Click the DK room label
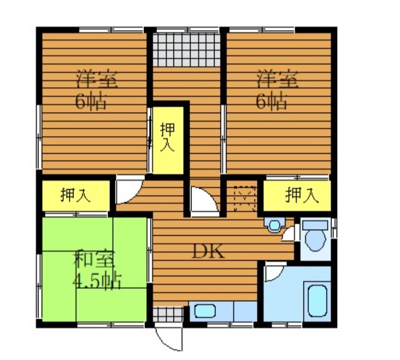tap(208, 251)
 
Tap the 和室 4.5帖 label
tap(96, 270)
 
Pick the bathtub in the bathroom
tap(317, 301)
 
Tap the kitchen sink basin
tap(205, 311)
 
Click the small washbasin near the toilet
tap(274, 225)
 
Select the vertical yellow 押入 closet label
tap(167, 137)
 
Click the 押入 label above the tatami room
tap(75, 195)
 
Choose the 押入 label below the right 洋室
tap(302, 195)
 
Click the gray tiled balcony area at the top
tap(186, 50)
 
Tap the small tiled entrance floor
tap(168, 314)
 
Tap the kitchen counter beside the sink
tap(245, 311)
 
